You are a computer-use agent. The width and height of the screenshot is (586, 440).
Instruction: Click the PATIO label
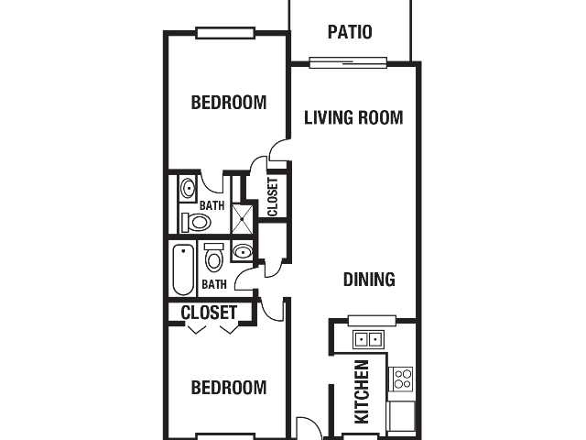[x=350, y=32]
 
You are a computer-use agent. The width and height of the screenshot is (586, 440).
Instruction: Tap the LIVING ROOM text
[x=353, y=117]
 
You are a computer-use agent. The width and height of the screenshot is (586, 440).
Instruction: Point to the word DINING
[x=369, y=280]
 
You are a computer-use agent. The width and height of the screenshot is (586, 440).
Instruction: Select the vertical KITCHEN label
[x=362, y=391]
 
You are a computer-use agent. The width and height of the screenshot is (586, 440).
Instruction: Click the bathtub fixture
[x=183, y=269]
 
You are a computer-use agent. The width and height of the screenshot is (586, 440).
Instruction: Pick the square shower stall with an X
[x=242, y=219]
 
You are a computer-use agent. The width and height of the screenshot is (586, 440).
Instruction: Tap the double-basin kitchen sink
[x=368, y=339]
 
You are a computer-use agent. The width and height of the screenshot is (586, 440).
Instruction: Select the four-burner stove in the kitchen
[x=402, y=379]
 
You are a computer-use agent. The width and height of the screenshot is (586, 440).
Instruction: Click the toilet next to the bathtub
[x=213, y=257]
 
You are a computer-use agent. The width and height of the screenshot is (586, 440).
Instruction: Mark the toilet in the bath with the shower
[x=196, y=223]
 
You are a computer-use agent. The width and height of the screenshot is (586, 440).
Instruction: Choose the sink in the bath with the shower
[x=188, y=188]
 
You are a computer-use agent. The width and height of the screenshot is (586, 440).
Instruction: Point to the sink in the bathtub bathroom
[x=243, y=251]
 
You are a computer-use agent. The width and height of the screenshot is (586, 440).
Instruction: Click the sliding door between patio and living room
[x=348, y=62]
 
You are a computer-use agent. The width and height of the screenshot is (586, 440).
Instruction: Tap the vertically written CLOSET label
[x=273, y=197]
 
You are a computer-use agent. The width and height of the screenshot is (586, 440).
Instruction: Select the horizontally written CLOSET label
[x=209, y=313]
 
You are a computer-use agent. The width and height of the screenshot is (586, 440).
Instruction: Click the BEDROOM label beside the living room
[x=229, y=103]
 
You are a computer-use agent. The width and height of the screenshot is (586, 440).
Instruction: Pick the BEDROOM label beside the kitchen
[x=229, y=388]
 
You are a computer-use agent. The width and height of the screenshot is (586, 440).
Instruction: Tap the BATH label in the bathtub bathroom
[x=214, y=284]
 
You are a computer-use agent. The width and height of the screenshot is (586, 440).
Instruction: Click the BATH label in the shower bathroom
[x=212, y=205]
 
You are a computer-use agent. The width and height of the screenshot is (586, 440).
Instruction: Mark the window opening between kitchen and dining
[x=372, y=321]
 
